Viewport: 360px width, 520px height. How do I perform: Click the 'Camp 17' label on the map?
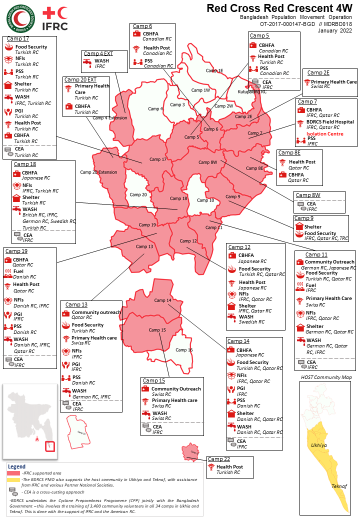point(158,159)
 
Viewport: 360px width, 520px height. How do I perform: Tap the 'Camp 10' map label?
point(205,200)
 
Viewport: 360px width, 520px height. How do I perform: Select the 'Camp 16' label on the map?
point(184,350)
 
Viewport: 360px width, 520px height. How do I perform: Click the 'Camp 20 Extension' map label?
point(98,172)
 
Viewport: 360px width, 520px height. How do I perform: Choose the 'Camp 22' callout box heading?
point(218,459)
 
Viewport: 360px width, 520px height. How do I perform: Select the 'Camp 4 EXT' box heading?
point(98,53)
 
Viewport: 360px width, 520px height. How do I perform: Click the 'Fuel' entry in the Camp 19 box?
point(18,271)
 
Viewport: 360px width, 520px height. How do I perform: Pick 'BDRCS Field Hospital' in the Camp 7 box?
point(330,121)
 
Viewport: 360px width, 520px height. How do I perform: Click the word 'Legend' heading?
point(17,466)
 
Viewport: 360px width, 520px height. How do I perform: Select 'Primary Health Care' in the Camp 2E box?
point(333,81)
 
